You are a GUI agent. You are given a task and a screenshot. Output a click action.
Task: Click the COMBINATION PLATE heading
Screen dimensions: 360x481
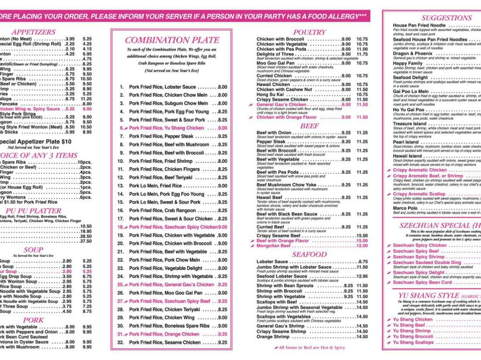(171, 40)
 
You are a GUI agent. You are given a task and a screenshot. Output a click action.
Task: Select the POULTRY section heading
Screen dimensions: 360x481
(310, 32)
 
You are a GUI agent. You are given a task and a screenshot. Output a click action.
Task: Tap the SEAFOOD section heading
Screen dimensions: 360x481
(310, 254)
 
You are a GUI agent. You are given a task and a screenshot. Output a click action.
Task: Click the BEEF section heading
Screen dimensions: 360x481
(310, 126)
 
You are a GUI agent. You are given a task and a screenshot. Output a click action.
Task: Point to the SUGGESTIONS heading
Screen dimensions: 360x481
(446, 18)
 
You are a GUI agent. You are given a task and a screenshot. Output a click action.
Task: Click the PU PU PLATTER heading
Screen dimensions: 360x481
(33, 210)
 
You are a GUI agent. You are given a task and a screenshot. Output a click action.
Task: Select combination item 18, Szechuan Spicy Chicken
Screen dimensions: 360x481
(173, 227)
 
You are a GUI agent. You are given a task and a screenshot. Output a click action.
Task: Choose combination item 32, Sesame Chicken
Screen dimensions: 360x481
(165, 342)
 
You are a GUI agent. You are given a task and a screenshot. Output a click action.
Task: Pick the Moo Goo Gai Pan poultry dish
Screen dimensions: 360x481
(276, 63)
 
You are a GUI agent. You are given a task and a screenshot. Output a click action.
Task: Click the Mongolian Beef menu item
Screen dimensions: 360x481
(273, 246)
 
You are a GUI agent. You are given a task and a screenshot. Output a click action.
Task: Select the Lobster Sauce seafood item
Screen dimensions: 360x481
(272, 262)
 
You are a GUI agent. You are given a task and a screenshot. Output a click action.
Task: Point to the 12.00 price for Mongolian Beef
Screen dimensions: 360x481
(362, 246)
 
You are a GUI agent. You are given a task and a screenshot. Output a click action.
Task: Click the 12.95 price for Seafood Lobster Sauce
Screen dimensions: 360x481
(362, 276)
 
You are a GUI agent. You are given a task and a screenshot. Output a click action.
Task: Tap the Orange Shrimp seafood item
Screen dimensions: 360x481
(273, 337)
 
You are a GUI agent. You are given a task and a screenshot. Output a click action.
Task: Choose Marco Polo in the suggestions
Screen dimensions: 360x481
(405, 208)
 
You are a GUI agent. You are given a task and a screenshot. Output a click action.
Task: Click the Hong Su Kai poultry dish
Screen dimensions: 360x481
(270, 94)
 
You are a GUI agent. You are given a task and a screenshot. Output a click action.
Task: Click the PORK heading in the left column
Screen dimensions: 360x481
(33, 320)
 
